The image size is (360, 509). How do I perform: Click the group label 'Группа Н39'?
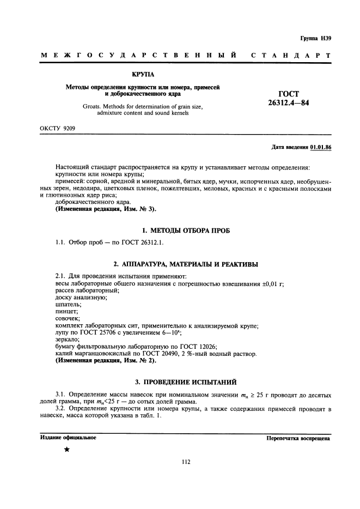(x=315, y=38)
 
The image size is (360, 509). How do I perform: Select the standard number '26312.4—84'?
(x=288, y=102)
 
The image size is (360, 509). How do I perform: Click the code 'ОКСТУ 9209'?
(x=57, y=129)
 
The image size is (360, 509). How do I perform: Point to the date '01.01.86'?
(x=321, y=148)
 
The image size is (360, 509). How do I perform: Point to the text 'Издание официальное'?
(x=68, y=438)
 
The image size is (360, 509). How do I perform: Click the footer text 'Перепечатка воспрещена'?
(x=298, y=438)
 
